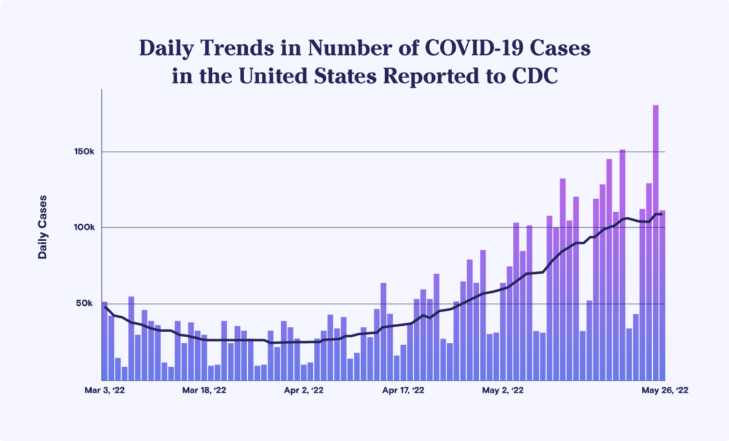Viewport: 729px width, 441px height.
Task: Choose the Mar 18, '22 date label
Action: (x=204, y=390)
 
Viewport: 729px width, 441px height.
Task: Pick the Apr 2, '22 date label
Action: (x=304, y=390)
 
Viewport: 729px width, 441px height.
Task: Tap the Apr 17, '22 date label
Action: (x=404, y=390)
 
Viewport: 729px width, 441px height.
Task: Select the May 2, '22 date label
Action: (x=503, y=390)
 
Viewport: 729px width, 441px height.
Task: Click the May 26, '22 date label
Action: (x=666, y=390)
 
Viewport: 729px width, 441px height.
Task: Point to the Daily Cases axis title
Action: (x=43, y=226)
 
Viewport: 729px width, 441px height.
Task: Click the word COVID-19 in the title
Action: (x=470, y=50)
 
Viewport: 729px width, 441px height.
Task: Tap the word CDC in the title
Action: (x=534, y=76)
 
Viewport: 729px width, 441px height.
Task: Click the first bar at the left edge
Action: (x=105, y=341)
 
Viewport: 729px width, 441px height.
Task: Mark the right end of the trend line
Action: (x=662, y=213)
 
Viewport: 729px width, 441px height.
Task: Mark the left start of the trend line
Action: (x=105, y=307)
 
